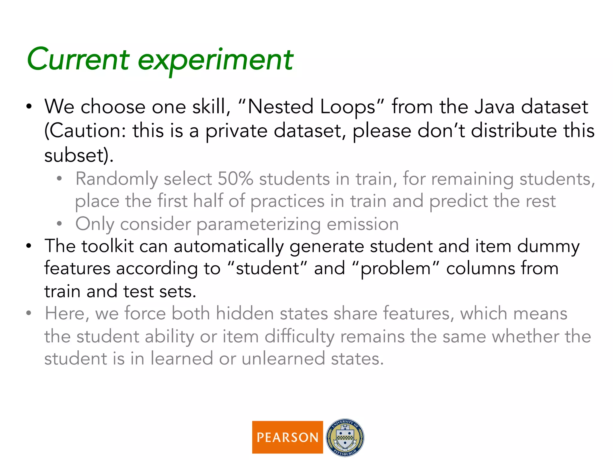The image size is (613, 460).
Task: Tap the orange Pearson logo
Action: (x=287, y=437)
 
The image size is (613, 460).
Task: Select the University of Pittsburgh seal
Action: (x=345, y=437)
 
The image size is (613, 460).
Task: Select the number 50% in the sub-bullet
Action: (x=235, y=179)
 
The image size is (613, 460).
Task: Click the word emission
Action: (x=362, y=224)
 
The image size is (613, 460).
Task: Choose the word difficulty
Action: (x=299, y=337)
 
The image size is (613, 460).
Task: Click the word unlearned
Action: (x=283, y=358)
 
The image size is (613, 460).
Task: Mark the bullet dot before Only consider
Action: (x=59, y=224)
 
